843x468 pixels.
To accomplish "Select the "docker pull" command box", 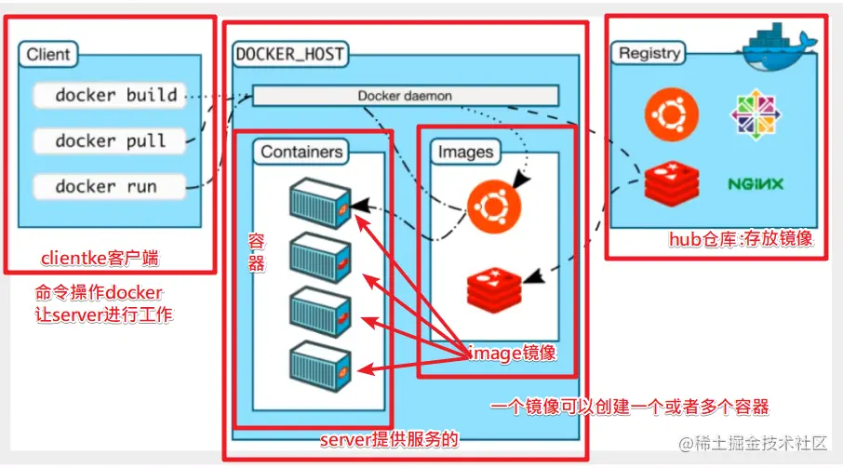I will (110, 140).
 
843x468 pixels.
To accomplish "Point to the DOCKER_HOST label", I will (290, 54).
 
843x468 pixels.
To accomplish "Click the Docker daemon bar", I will (405, 96).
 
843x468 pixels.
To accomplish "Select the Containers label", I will (301, 152).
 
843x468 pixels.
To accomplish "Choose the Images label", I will (465, 152).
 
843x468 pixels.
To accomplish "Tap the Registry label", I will (649, 53).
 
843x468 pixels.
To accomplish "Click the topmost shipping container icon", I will (319, 199).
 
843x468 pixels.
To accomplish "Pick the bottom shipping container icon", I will (319, 362).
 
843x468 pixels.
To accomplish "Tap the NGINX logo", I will (755, 184).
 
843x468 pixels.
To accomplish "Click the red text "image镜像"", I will (513, 353).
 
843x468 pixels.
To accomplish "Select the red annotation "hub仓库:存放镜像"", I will (741, 239).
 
